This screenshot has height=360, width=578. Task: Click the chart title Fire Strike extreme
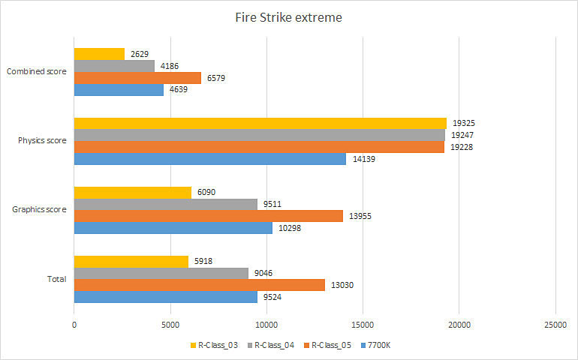click(x=288, y=17)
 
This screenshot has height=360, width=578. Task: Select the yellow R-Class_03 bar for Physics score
click(x=260, y=123)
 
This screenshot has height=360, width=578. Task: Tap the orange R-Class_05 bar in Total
click(x=199, y=285)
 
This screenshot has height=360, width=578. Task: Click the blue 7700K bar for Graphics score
click(x=173, y=228)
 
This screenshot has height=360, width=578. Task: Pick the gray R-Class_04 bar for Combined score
click(x=114, y=66)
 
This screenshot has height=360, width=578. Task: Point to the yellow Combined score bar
click(x=99, y=54)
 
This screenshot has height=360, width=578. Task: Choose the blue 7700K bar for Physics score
click(x=209, y=159)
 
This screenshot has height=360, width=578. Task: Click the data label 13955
click(x=361, y=216)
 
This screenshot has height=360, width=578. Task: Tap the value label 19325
click(x=464, y=123)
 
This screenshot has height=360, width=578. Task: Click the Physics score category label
click(x=41, y=140)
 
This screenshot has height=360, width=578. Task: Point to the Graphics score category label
click(x=40, y=209)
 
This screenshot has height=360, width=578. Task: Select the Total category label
click(x=56, y=279)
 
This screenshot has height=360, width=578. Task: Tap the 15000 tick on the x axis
click(x=363, y=324)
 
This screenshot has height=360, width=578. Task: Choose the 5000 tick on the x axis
click(x=170, y=324)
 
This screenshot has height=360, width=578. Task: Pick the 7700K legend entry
click(x=381, y=346)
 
